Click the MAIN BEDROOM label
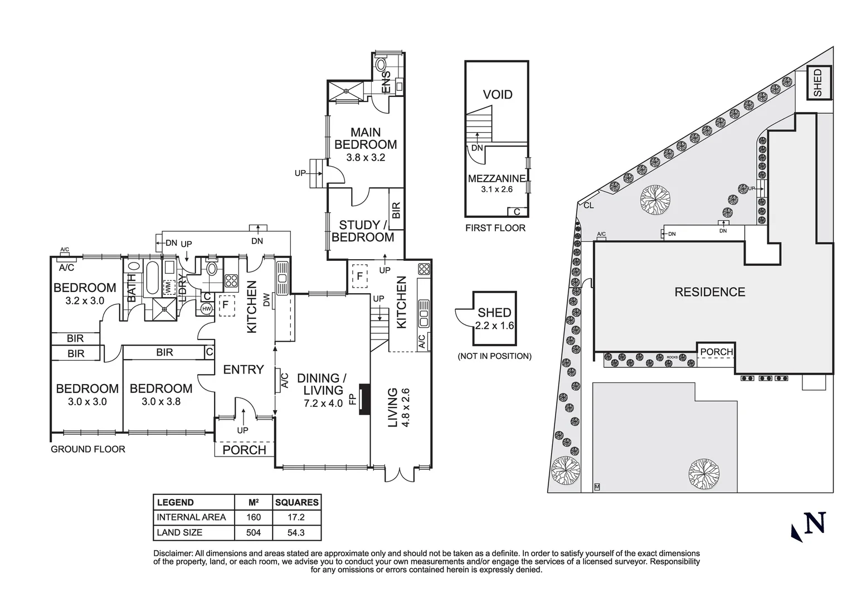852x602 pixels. point(366,138)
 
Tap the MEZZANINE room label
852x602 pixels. point(496,179)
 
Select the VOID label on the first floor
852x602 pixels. point(497,95)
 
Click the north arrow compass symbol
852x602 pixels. point(809,525)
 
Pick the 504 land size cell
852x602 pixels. point(254,532)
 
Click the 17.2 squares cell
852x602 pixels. point(296,517)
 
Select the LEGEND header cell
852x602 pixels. point(176,502)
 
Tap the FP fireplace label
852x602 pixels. point(352,400)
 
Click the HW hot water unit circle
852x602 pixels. point(207,309)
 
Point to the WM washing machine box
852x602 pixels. point(168,288)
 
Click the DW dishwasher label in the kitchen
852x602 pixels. point(266,300)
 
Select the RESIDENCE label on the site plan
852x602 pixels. point(709,292)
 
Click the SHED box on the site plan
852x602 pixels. point(817,82)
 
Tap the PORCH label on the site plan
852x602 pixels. point(717,352)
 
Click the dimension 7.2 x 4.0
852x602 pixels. point(323,403)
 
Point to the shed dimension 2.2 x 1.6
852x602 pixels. point(494,326)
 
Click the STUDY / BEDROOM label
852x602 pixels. point(363,231)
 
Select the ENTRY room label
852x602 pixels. point(243,370)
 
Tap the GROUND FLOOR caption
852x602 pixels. point(88,449)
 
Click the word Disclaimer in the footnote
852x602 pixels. point(172,554)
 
